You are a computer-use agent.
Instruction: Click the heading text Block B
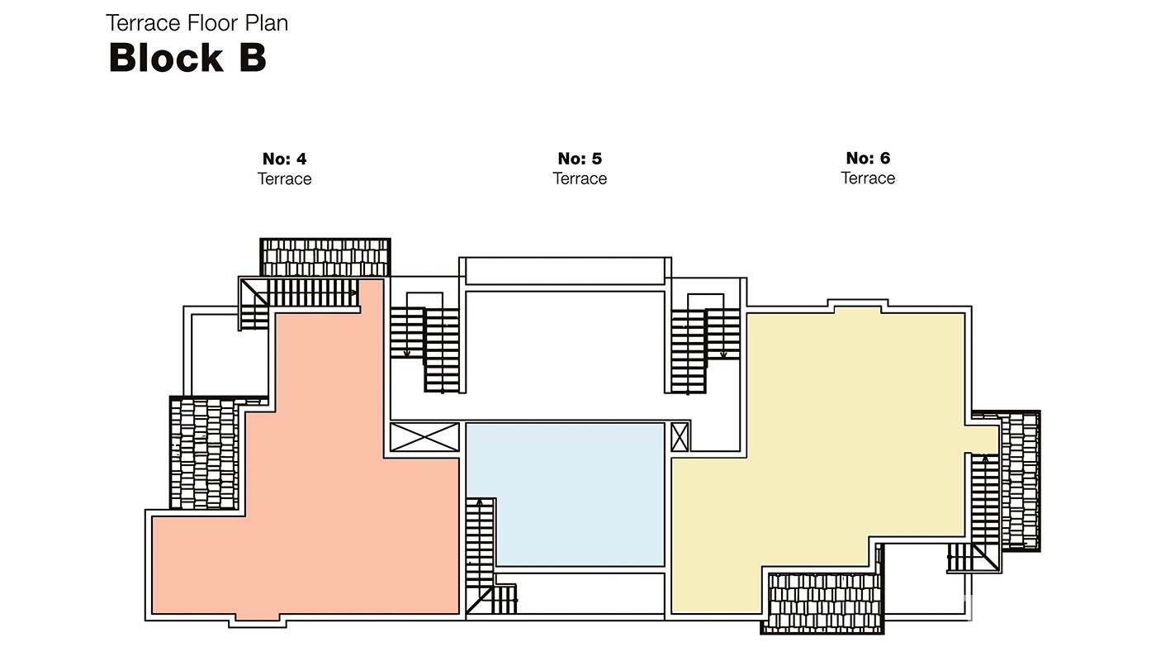(x=187, y=57)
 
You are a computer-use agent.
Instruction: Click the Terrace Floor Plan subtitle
(x=197, y=23)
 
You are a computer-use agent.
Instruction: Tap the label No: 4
(x=284, y=159)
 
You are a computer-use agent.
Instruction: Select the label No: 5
(x=580, y=158)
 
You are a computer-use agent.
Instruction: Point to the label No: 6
(x=868, y=158)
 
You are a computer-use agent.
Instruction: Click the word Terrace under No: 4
(x=284, y=178)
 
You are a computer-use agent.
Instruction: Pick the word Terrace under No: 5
(x=580, y=178)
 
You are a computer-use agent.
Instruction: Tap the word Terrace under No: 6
(x=868, y=178)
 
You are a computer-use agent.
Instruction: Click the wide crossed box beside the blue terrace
(x=424, y=437)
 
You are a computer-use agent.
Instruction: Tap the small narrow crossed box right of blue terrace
(x=680, y=437)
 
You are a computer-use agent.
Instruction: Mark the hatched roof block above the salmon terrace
(x=325, y=257)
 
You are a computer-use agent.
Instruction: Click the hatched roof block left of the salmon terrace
(x=205, y=453)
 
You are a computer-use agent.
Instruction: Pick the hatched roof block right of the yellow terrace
(x=1021, y=481)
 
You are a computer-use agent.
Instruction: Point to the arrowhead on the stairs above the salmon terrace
(x=353, y=292)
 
